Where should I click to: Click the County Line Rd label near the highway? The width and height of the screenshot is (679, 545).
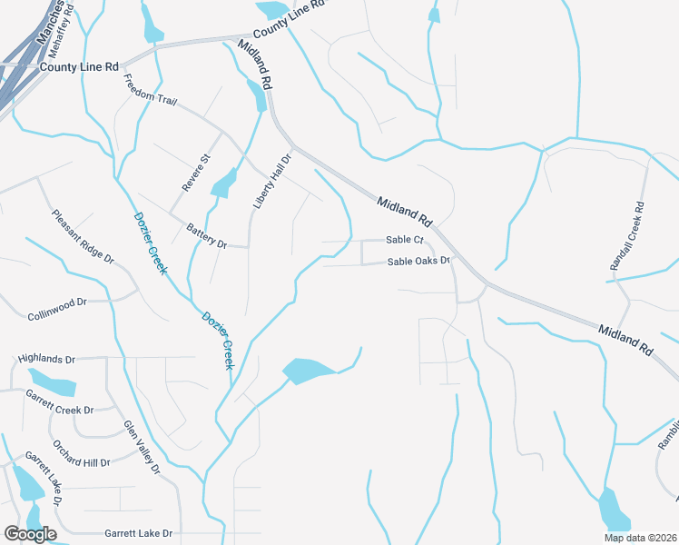pos(80,67)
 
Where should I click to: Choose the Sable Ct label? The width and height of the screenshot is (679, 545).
pos(405,240)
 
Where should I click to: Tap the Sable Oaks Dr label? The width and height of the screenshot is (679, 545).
pos(419,262)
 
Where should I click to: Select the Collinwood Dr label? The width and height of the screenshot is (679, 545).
pos(56,302)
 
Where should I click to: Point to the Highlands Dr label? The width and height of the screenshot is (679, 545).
pos(46,360)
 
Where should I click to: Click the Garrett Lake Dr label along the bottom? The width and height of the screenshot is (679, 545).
pos(138,533)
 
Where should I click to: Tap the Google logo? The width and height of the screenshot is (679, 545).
pos(30,534)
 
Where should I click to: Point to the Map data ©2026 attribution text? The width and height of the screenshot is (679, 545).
pos(639,538)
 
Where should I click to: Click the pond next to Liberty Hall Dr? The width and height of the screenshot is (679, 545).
pos(222,185)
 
